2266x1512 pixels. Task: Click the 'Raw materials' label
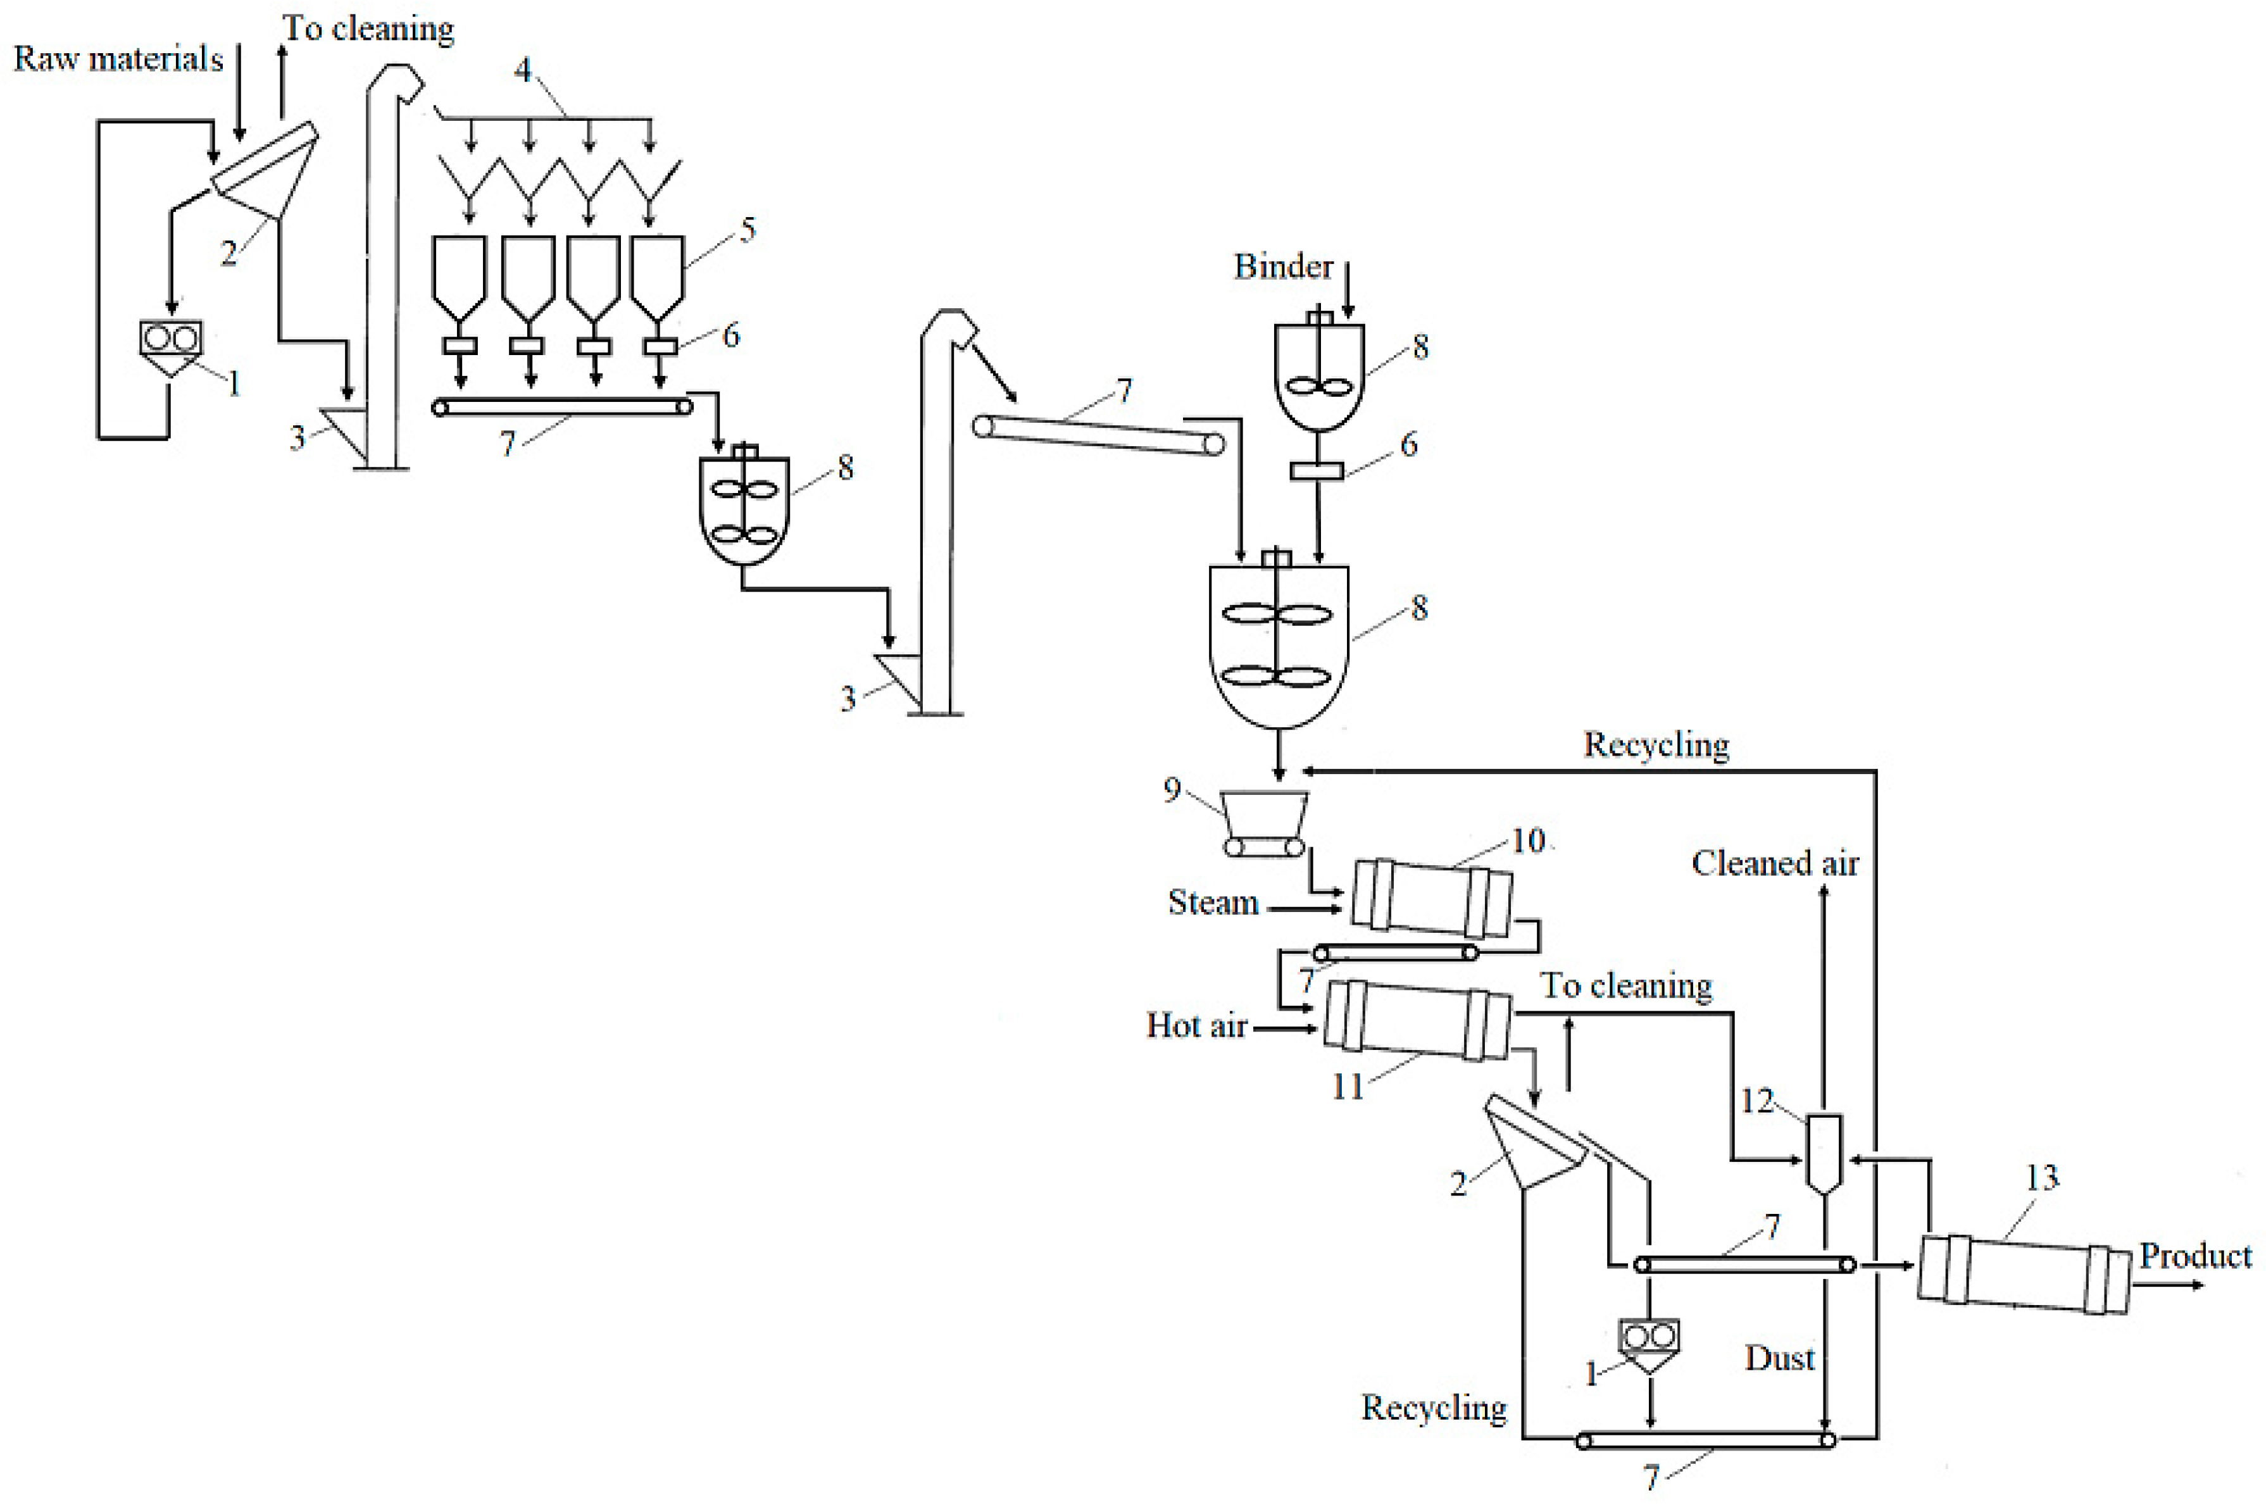(118, 59)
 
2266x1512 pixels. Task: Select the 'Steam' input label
(1213, 903)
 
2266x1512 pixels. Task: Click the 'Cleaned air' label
(1774, 863)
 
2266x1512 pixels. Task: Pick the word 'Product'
(2194, 1256)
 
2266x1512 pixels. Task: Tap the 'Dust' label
(1779, 1358)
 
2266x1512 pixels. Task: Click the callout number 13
(2041, 1177)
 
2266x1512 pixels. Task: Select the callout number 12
(1757, 1100)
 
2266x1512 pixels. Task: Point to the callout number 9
(1172, 790)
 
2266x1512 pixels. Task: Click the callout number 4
(523, 70)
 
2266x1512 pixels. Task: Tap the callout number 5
(748, 230)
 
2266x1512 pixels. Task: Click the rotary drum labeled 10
(1432, 899)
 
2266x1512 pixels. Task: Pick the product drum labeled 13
(2023, 1275)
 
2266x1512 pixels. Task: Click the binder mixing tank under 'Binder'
(1319, 376)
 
